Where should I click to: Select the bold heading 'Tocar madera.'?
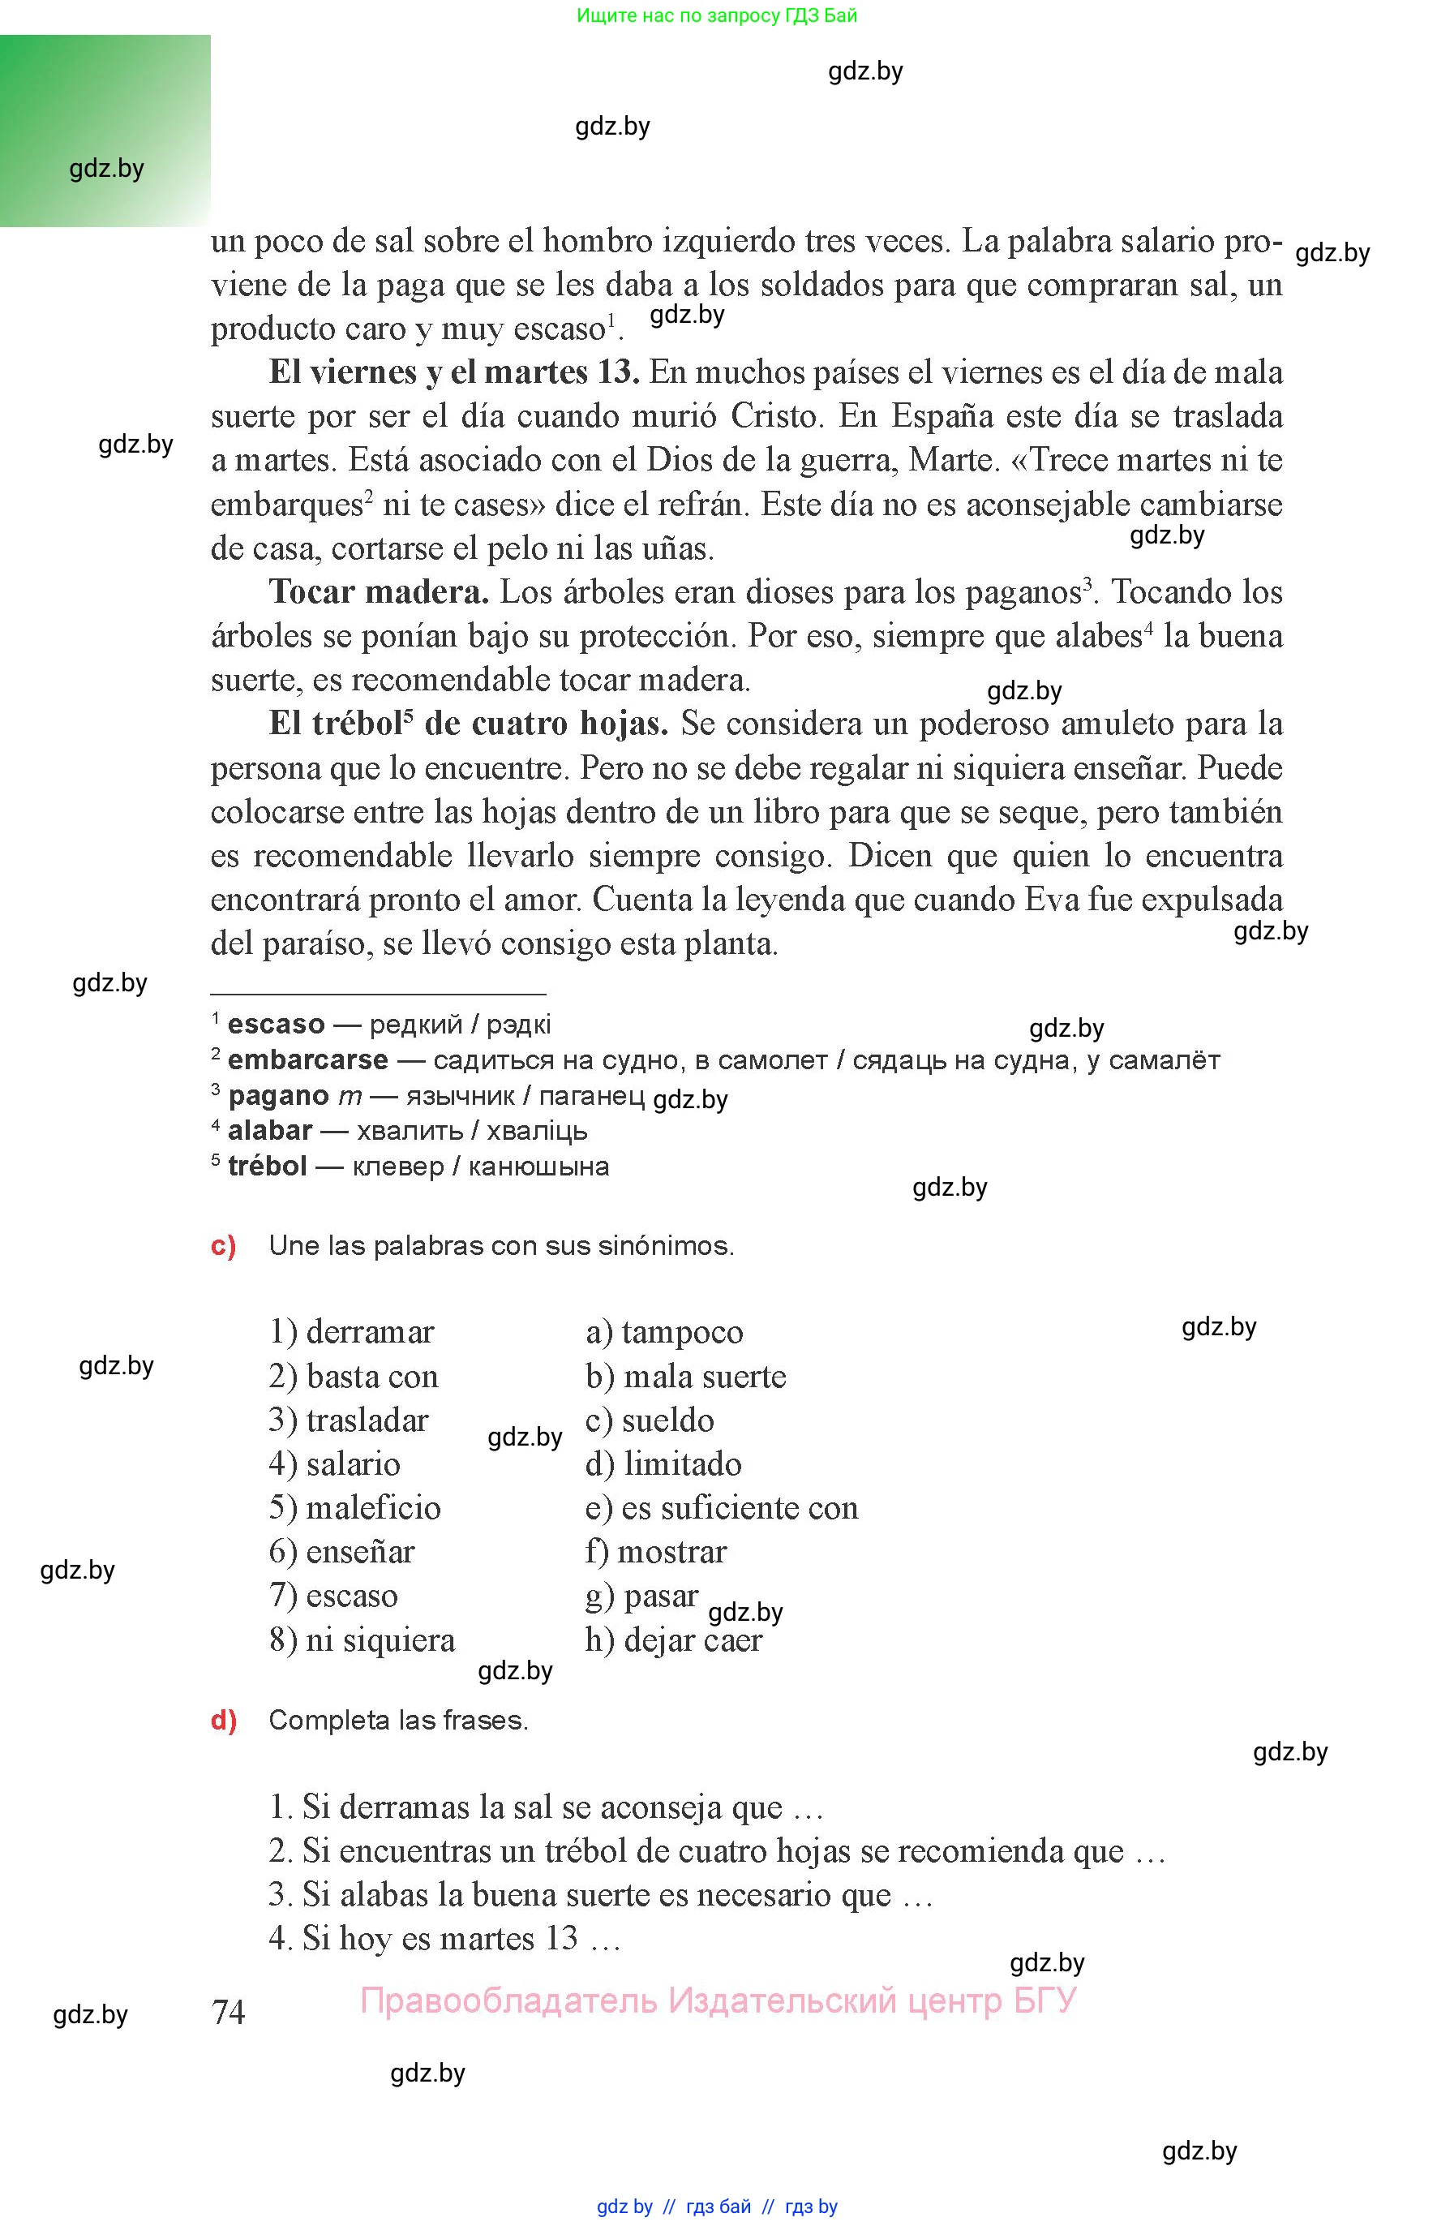378,591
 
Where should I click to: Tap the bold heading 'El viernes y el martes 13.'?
453,372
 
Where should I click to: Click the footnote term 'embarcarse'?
307,1060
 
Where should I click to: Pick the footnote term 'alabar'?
270,1131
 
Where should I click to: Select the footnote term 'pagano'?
278,1096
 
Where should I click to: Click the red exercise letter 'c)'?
224,1246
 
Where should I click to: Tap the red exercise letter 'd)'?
224,1720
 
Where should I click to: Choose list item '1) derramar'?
352,1332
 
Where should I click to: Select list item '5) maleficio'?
354,1507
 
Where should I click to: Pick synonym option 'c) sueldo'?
650,1420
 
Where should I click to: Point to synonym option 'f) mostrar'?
655,1551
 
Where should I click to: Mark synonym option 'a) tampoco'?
664,1332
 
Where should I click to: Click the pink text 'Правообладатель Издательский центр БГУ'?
718,2001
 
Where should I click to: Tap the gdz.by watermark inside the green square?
106,169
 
